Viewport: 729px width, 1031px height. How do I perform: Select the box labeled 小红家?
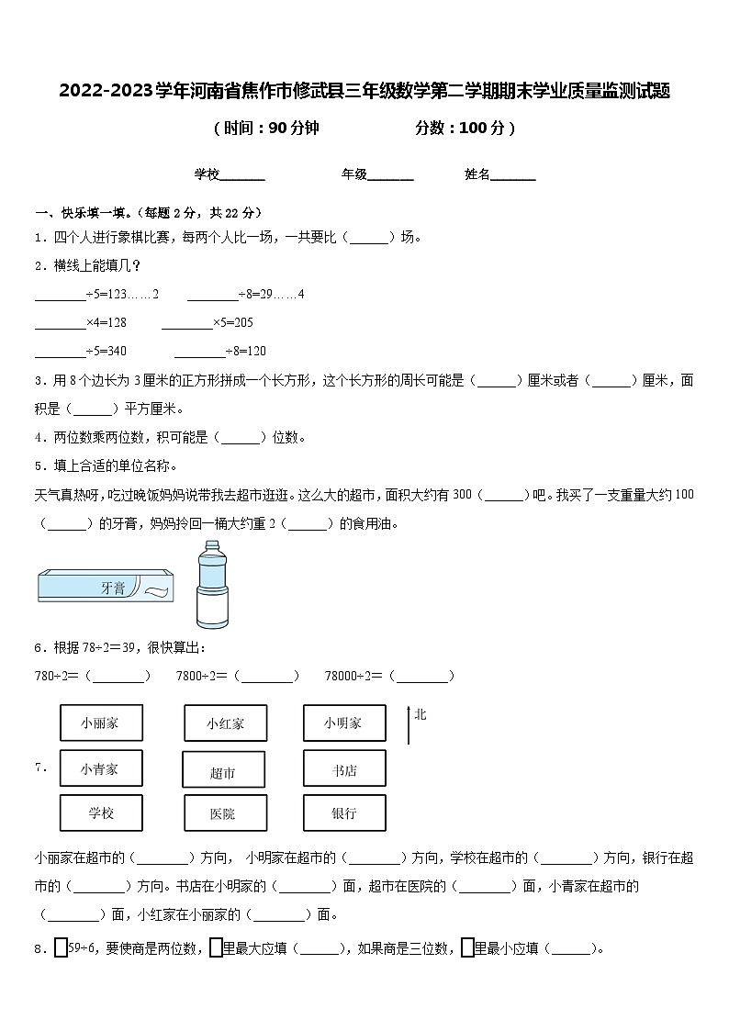point(226,723)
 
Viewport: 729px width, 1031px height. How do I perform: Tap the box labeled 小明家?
point(343,723)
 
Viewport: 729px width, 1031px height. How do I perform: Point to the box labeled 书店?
point(343,768)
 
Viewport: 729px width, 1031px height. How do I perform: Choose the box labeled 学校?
point(101,812)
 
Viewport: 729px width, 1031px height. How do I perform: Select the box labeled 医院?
point(223,813)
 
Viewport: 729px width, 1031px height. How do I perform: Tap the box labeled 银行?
point(343,812)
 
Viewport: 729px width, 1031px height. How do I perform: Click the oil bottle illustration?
point(213,584)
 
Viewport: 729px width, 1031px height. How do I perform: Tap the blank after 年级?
point(390,174)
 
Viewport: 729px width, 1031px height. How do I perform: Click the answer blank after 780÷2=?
point(120,677)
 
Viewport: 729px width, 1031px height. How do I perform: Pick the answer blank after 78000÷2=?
point(422,677)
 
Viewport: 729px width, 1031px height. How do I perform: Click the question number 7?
point(40,768)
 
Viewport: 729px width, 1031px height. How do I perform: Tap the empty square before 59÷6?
point(62,947)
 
